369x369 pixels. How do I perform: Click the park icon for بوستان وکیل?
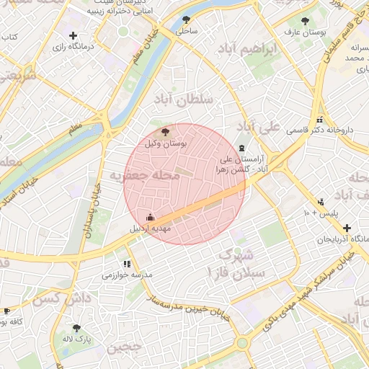click(x=166, y=132)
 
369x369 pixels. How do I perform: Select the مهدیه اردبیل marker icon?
click(x=151, y=217)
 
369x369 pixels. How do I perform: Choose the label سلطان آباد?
click(x=188, y=99)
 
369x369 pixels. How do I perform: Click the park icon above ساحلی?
click(x=187, y=20)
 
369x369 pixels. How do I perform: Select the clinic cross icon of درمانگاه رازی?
click(x=72, y=35)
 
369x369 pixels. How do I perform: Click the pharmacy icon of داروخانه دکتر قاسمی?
click(x=319, y=120)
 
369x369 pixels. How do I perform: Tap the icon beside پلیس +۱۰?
click(x=321, y=203)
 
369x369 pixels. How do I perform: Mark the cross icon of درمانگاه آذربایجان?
click(x=347, y=227)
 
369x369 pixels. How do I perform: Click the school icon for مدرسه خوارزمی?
click(x=128, y=264)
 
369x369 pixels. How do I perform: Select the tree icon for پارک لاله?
click(x=76, y=328)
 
